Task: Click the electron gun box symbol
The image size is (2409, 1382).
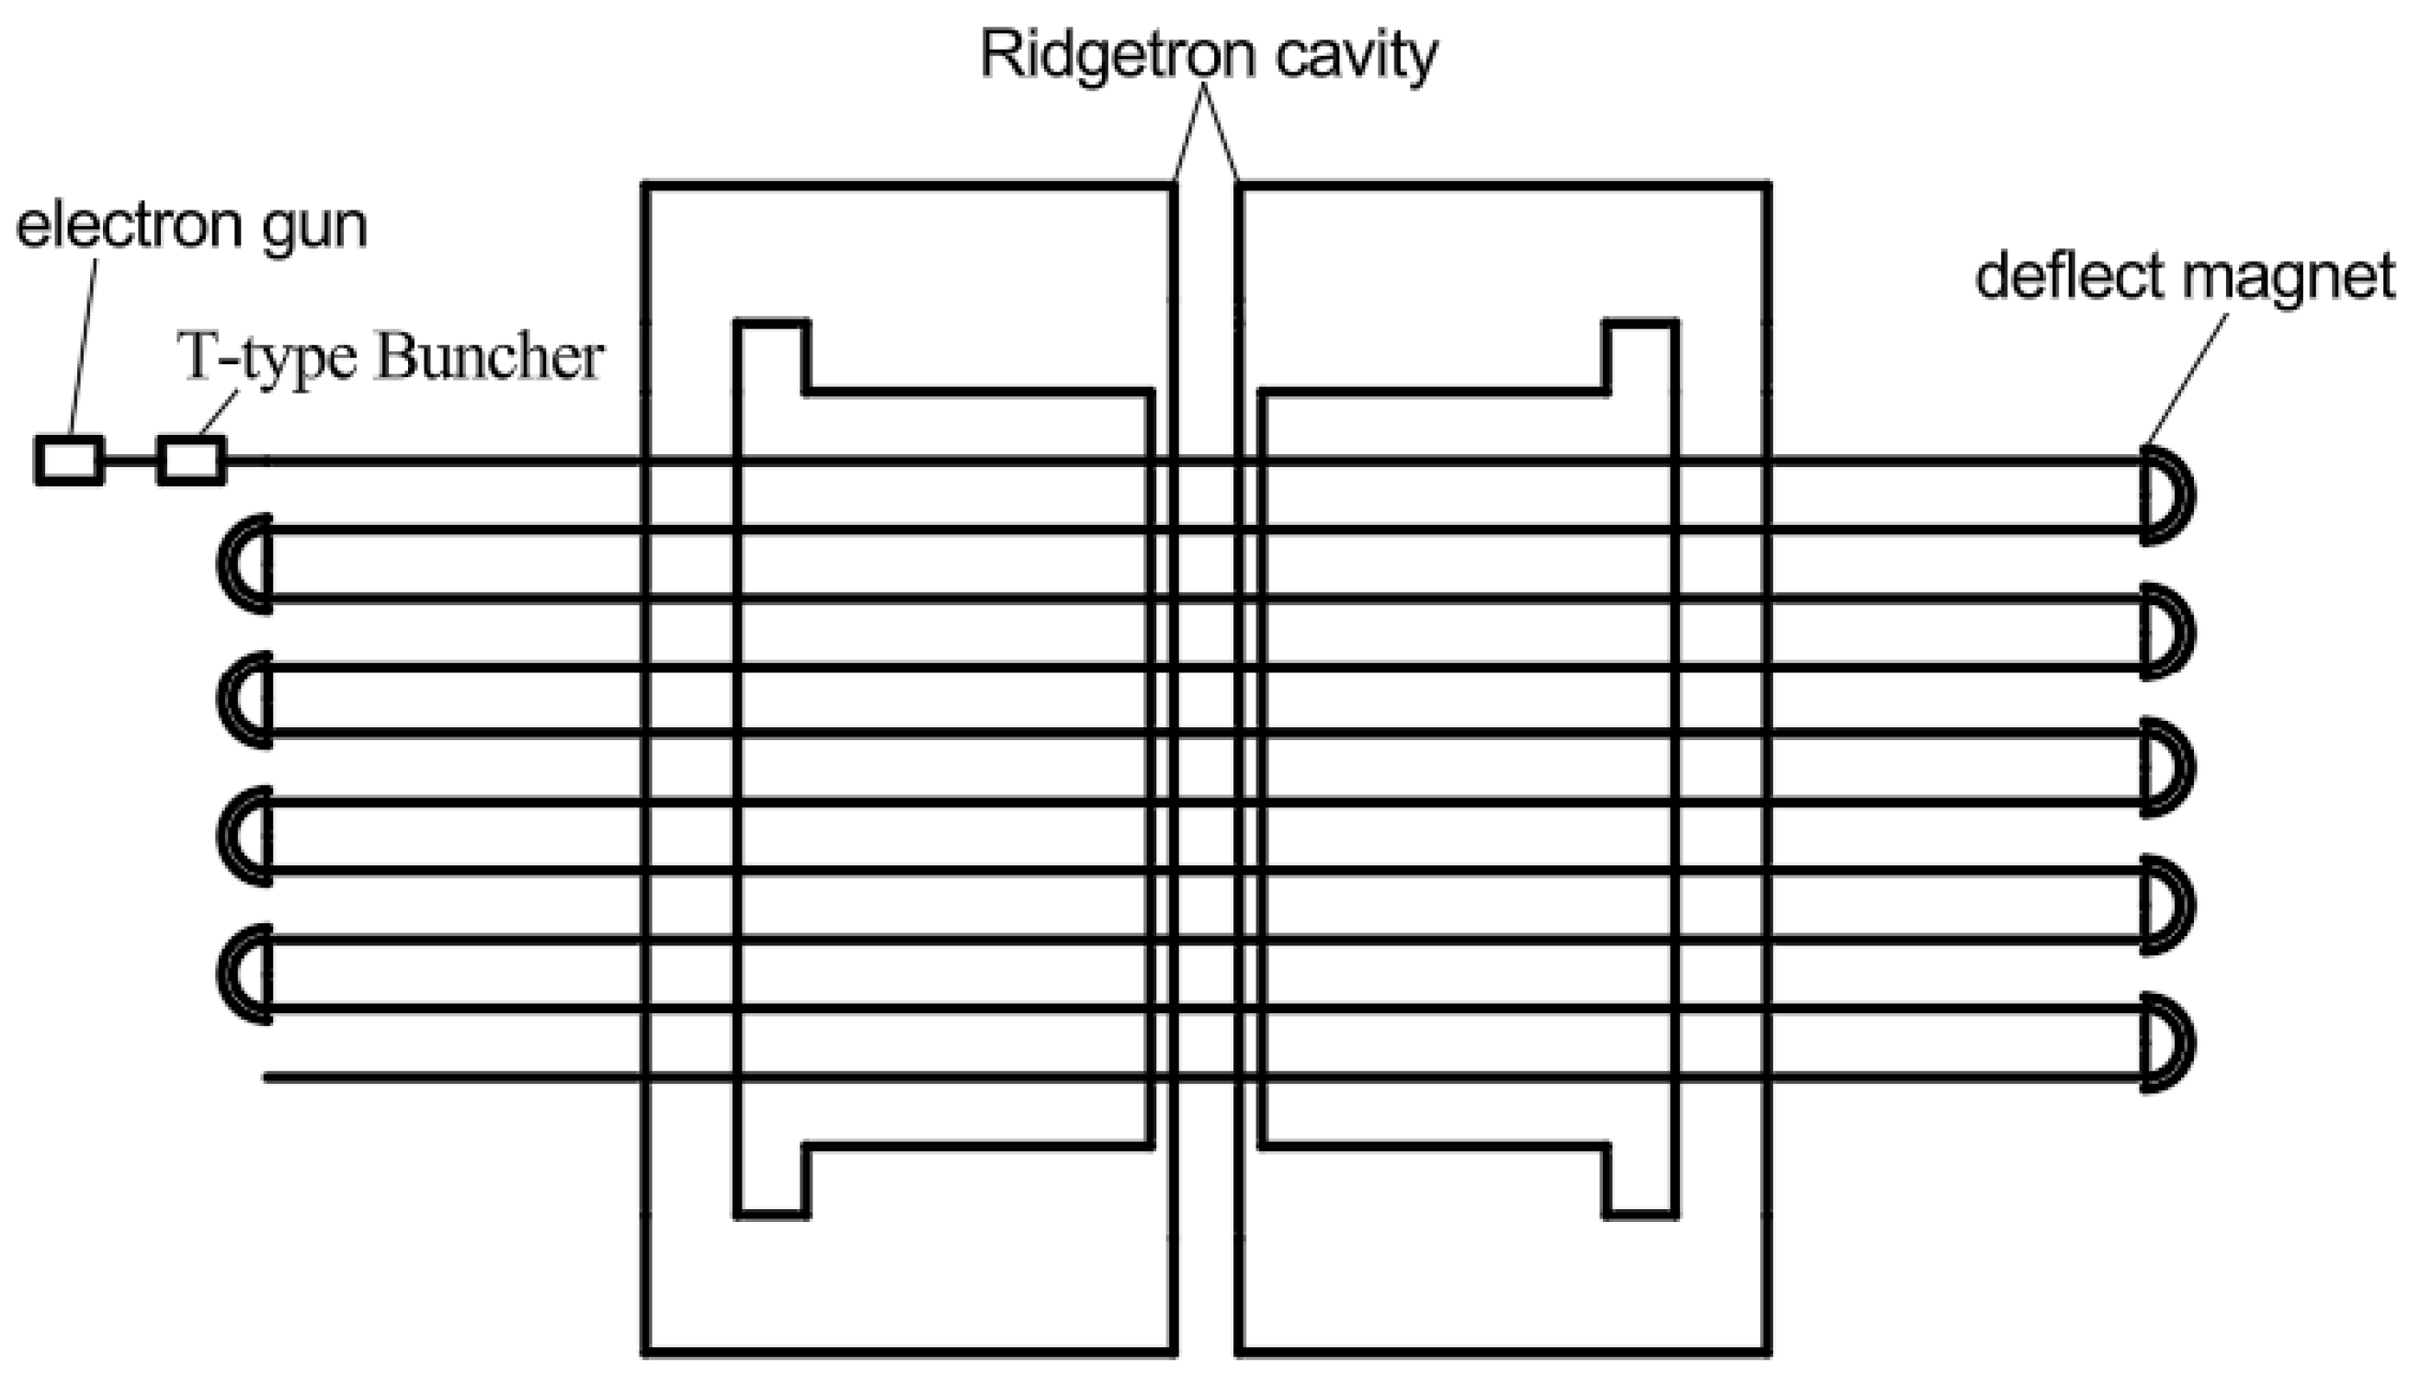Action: click(69, 461)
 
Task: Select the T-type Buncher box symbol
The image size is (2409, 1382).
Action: click(192, 461)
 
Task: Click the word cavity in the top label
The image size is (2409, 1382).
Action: click(1356, 55)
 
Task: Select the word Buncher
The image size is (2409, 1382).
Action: click(490, 358)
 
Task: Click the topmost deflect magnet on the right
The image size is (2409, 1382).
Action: click(2167, 496)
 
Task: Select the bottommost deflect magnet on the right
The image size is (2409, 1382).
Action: click(2167, 1043)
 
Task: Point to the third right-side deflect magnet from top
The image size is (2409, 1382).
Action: click(2167, 769)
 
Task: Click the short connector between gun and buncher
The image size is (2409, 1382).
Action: click(130, 462)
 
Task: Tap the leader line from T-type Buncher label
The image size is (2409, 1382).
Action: click(220, 415)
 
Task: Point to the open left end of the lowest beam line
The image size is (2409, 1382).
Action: click(269, 1078)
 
